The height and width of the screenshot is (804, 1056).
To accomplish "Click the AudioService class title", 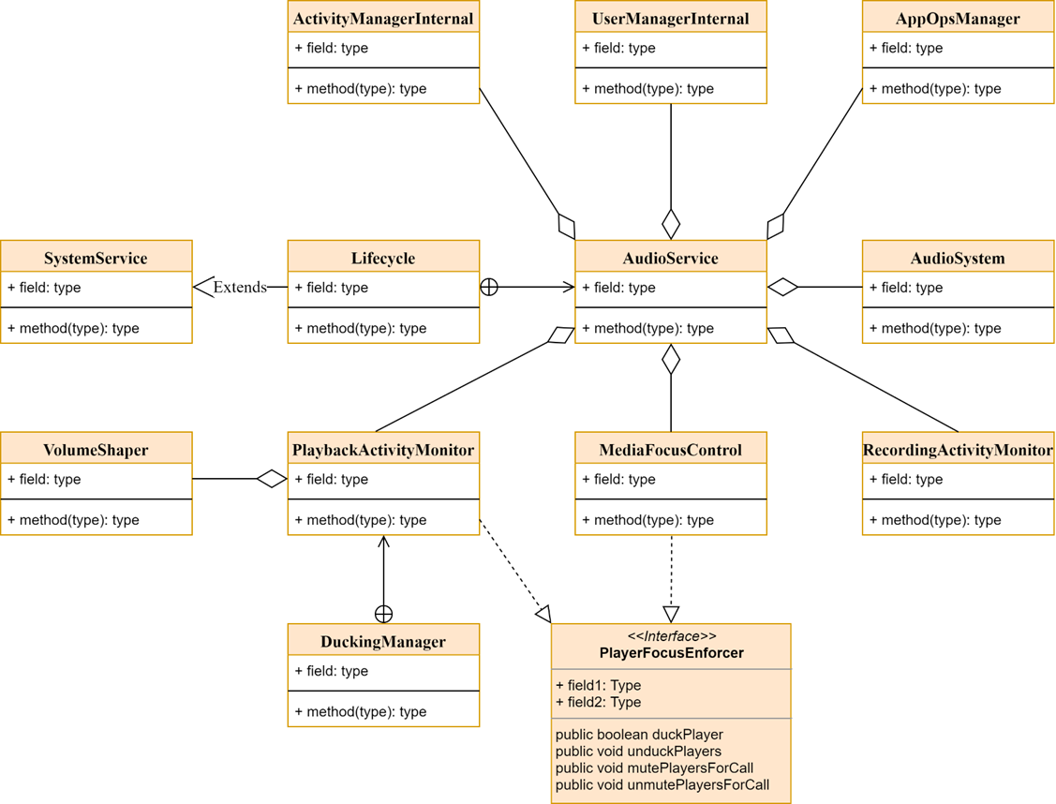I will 670,258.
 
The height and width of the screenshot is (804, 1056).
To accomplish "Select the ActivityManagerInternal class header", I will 383,19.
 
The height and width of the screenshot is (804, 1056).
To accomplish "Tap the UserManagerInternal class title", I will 670,19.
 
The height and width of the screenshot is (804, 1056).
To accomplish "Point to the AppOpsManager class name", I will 957,19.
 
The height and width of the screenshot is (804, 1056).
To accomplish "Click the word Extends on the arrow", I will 240,288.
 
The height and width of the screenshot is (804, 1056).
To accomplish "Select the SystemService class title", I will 96,258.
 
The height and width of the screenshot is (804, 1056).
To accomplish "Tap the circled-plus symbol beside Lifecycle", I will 488,288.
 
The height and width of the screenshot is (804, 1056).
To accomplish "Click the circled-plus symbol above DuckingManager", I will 383,614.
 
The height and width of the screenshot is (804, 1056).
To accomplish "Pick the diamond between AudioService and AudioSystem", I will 783,288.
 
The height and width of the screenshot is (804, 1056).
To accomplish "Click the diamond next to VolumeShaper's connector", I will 272,479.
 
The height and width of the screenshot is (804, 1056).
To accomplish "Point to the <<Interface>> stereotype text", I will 671,636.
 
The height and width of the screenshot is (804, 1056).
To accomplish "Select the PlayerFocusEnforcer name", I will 671,653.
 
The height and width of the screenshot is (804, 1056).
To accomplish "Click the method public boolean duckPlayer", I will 639,735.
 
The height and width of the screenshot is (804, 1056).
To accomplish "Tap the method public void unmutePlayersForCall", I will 662,784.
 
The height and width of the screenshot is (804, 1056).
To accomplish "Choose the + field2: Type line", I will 598,702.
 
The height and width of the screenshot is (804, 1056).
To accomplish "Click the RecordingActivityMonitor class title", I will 958,450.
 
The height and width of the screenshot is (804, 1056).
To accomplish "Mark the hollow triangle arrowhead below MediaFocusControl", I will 671,614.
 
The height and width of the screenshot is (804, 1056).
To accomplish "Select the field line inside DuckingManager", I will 332,671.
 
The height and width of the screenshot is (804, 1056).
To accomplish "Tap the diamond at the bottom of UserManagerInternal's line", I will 671,225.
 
